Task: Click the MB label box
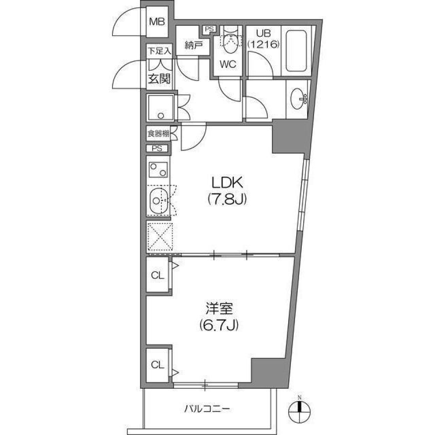pos(157,21)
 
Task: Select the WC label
pos(228,64)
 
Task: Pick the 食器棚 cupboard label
pos(157,134)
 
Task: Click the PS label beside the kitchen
pos(157,148)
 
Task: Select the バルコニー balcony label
pos(207,409)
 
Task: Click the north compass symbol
pos(299,412)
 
